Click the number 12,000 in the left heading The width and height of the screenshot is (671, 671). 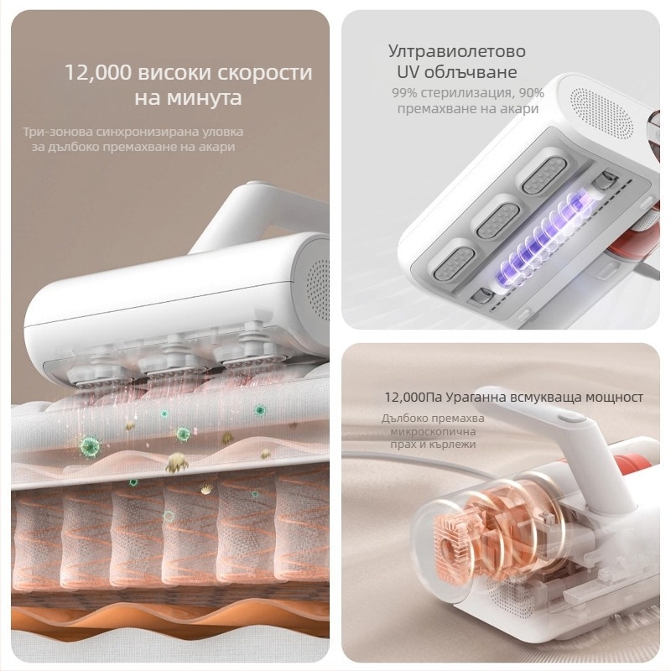[98, 72]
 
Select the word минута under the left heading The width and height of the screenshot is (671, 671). [205, 98]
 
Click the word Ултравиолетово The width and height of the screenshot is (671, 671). [456, 51]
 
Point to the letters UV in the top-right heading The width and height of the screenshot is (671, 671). [408, 72]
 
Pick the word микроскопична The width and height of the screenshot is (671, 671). [433, 431]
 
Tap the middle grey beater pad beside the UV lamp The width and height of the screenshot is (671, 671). [498, 221]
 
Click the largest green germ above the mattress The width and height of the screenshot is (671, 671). [91, 445]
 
